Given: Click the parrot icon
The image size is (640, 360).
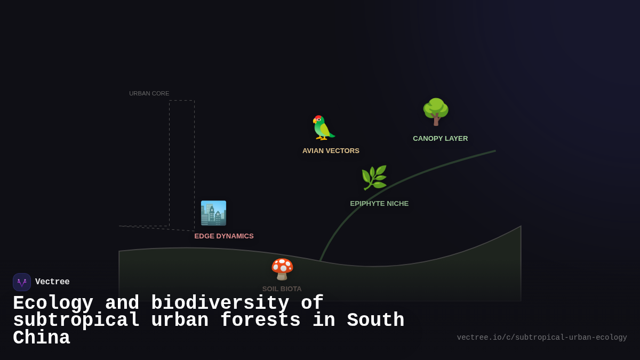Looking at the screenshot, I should [x=323, y=128].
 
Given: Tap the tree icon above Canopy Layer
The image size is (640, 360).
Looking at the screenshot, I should [x=436, y=112].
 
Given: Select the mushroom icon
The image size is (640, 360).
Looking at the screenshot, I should [x=282, y=269].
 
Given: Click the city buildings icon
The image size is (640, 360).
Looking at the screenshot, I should [x=213, y=213].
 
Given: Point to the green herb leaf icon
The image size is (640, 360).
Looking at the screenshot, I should [x=374, y=178].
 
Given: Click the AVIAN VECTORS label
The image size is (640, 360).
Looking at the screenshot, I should [x=331, y=151].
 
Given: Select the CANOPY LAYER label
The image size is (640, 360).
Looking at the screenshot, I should [x=440, y=139].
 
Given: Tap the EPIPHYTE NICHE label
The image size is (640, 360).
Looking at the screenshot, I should [x=379, y=204].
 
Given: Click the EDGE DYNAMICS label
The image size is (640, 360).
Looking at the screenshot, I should [x=224, y=236].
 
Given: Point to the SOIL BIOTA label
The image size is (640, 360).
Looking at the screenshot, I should [x=282, y=289].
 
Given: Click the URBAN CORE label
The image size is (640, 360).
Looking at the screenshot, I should [x=149, y=93].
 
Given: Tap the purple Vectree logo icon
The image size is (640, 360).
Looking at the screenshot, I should [x=22, y=282].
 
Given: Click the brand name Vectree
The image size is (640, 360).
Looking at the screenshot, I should [x=52, y=282].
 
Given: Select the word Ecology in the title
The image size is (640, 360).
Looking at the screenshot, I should [x=53, y=303].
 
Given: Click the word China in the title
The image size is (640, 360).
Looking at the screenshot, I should [x=41, y=338].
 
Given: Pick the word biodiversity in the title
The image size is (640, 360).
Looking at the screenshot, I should [x=220, y=303].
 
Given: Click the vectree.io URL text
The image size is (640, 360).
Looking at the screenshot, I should [x=542, y=338].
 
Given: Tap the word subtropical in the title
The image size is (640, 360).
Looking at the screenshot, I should [x=76, y=321].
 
